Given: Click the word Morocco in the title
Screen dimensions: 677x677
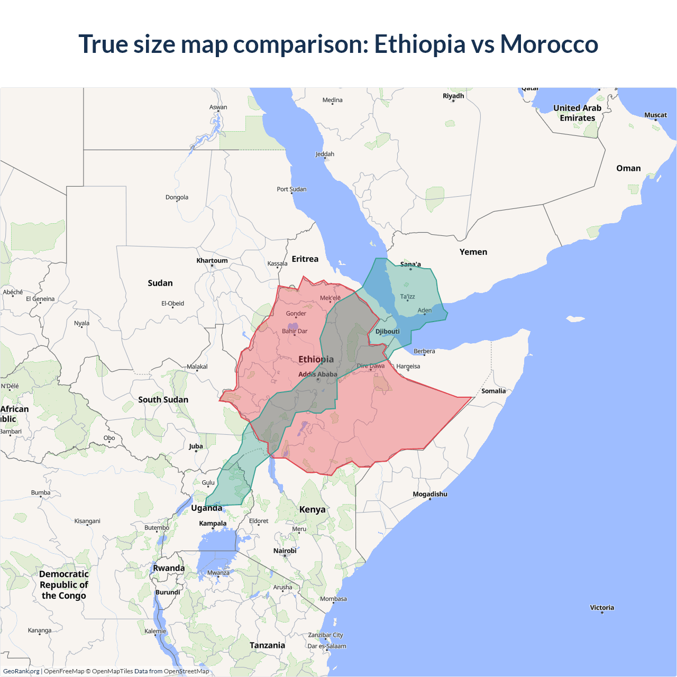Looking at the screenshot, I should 549,44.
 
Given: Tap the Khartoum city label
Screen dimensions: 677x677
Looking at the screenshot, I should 212,260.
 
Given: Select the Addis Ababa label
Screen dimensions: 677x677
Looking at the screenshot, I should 317,374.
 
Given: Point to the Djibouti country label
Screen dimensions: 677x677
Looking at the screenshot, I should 387,332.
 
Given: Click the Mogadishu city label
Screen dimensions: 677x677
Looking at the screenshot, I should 429,494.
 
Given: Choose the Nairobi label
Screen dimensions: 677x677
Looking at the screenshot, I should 285,551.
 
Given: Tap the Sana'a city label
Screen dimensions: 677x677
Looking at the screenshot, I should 410,264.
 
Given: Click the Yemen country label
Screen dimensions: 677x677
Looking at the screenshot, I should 473,252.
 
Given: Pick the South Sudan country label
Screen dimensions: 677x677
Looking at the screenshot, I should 163,399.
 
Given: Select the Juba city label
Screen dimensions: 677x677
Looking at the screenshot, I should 196,446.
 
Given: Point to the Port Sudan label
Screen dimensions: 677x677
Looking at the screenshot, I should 291,189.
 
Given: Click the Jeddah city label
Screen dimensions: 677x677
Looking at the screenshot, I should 325,154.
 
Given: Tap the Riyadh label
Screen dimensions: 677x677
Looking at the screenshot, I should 453,96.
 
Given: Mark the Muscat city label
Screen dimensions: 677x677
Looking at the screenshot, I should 655,115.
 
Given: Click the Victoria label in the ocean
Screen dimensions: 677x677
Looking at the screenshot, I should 602,607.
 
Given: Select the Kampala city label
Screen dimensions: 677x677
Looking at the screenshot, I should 213,523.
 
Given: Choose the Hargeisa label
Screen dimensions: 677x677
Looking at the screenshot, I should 408,366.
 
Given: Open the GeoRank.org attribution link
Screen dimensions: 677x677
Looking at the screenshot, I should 21,671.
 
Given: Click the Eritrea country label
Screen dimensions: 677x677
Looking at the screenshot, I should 305,259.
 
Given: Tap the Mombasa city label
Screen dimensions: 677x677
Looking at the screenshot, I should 333,599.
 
